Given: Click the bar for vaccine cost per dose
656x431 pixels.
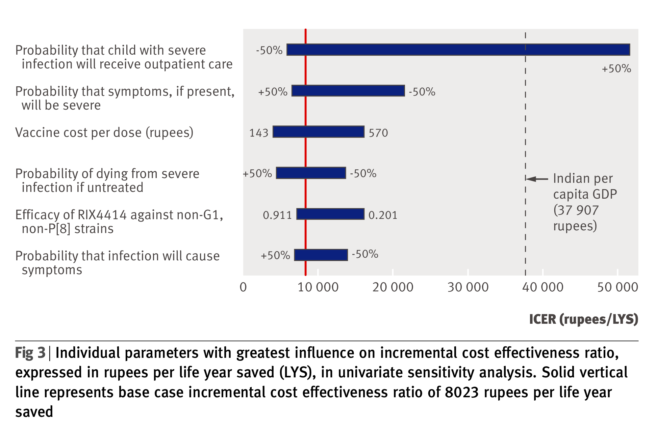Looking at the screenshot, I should [x=318, y=132].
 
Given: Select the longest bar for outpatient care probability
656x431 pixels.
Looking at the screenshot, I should [x=458, y=50].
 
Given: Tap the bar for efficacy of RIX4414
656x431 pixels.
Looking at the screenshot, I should [x=330, y=214].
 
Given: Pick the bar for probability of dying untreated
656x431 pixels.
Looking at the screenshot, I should [x=311, y=173].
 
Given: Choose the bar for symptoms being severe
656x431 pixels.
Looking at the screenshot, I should [x=348, y=91].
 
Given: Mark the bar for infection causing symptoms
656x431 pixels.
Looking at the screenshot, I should [x=321, y=255].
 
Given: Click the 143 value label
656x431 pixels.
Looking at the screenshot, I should [x=259, y=133].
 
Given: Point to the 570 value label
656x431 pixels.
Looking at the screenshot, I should [x=378, y=133].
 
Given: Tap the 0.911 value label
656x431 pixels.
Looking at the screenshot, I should [x=277, y=215].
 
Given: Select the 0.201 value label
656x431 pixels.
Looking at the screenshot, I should [x=383, y=215].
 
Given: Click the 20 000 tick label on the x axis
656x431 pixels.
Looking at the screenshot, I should [x=393, y=287].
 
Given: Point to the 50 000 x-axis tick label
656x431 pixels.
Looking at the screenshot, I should [x=617, y=287].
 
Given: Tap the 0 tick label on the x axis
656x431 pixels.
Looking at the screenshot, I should [x=243, y=287].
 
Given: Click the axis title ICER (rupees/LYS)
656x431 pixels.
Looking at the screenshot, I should [x=583, y=319].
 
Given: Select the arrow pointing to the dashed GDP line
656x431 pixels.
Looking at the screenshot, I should [x=537, y=179].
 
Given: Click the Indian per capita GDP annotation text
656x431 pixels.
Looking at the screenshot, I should [x=584, y=202].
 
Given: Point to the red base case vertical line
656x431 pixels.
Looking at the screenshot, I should [x=305, y=152].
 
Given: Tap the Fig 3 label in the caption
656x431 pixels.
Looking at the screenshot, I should [x=30, y=353].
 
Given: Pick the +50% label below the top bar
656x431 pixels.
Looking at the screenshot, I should [x=616, y=69].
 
